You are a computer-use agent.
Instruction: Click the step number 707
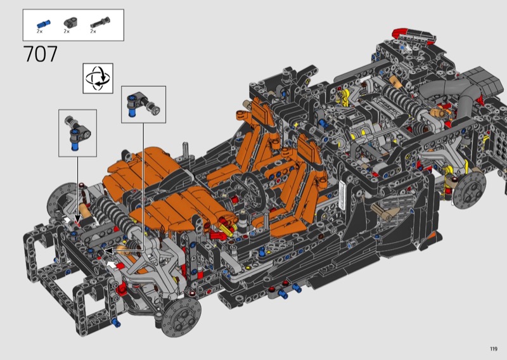41,54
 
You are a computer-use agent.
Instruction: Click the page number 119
494,349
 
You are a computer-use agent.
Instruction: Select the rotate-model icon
98,79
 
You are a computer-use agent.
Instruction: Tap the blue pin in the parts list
43,24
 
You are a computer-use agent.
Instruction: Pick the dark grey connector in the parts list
70,22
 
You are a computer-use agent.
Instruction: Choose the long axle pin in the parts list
100,22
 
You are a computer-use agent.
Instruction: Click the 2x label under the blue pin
39,32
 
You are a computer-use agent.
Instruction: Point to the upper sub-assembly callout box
144,105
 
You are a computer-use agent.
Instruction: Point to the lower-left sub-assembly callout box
77,133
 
